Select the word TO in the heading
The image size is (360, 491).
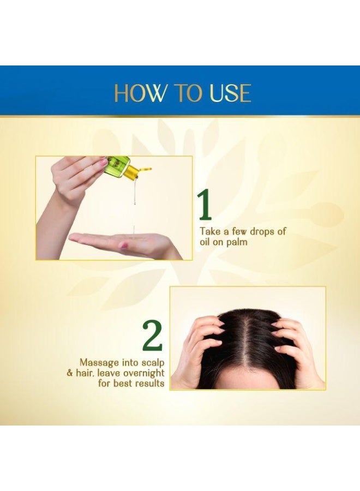point(183,93)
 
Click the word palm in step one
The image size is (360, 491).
point(236,242)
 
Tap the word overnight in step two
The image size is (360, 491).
point(142,373)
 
